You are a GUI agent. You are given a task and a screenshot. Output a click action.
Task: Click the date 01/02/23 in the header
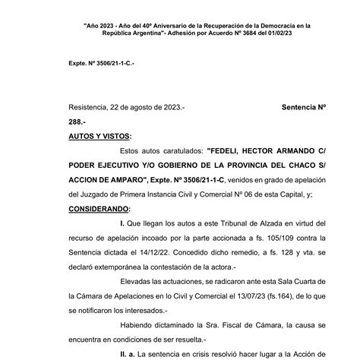click(279, 35)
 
